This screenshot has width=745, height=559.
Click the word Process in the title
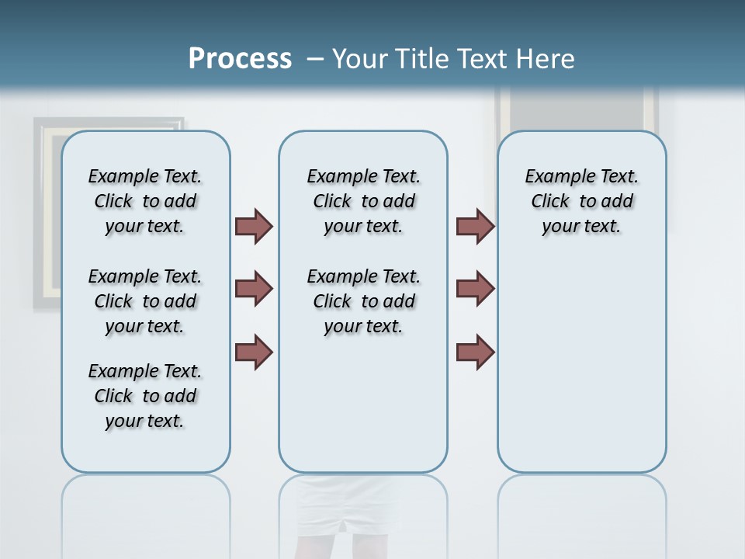(240, 59)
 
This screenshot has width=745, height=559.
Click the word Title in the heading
(421, 59)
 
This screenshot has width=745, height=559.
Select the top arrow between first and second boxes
(254, 226)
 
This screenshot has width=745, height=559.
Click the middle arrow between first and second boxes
(254, 289)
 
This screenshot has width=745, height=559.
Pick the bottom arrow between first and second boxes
(254, 352)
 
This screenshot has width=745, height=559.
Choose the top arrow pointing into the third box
(475, 226)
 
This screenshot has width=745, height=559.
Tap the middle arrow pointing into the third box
(475, 289)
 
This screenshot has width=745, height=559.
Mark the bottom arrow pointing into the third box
(475, 352)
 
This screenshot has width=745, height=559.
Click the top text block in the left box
(145, 201)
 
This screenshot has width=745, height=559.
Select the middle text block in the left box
(145, 301)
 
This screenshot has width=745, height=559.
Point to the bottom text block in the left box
(145, 396)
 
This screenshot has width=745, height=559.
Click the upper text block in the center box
(363, 201)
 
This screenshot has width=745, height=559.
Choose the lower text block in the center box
(363, 301)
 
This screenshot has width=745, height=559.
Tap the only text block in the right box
(581, 201)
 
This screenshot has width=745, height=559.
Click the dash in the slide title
(314, 59)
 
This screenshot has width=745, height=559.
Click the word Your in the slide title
(361, 59)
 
